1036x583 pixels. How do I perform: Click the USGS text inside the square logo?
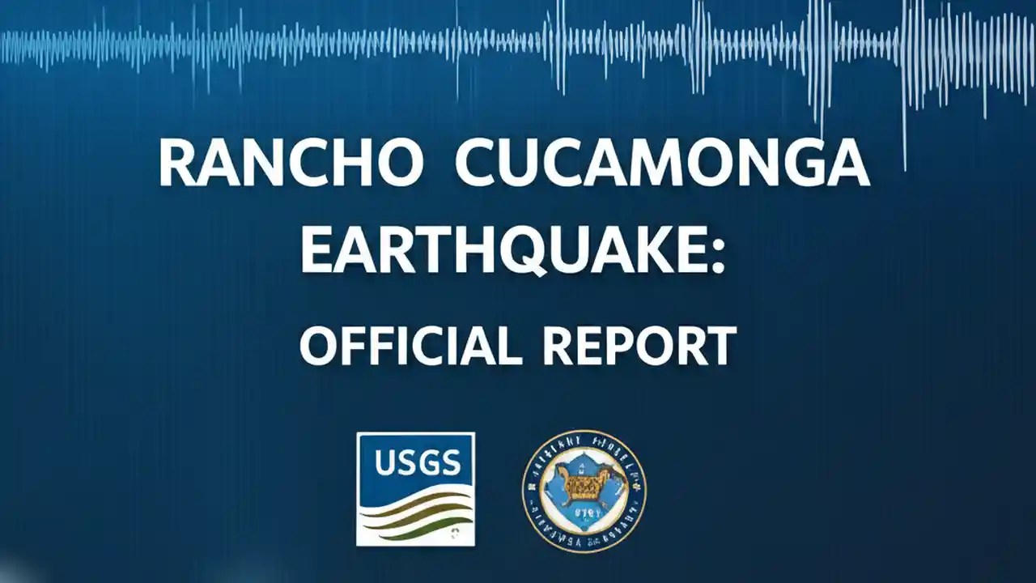click(417, 464)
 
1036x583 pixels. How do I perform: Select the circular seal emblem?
click(584, 491)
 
